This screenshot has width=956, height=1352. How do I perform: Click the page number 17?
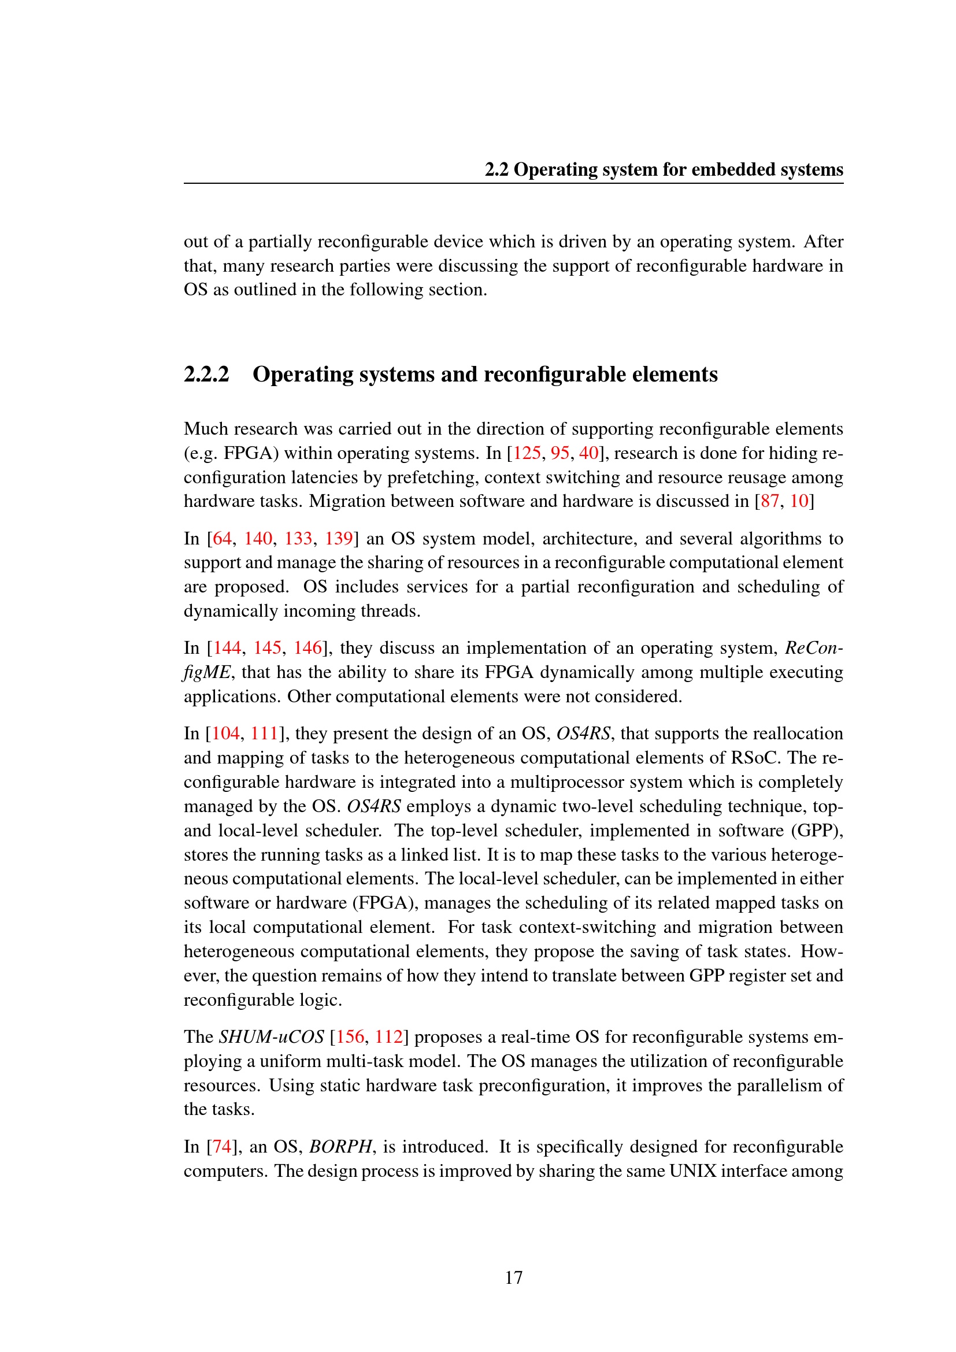coord(513,1277)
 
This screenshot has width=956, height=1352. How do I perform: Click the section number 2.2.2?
coord(206,375)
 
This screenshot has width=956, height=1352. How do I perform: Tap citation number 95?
coord(560,453)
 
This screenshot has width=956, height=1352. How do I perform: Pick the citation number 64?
coord(222,538)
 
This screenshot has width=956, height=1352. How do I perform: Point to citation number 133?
coord(298,538)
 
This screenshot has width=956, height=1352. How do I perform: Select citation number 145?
coord(267,648)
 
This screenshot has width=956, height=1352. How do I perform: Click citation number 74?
coord(222,1146)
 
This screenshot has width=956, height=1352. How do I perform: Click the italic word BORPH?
coord(341,1146)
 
